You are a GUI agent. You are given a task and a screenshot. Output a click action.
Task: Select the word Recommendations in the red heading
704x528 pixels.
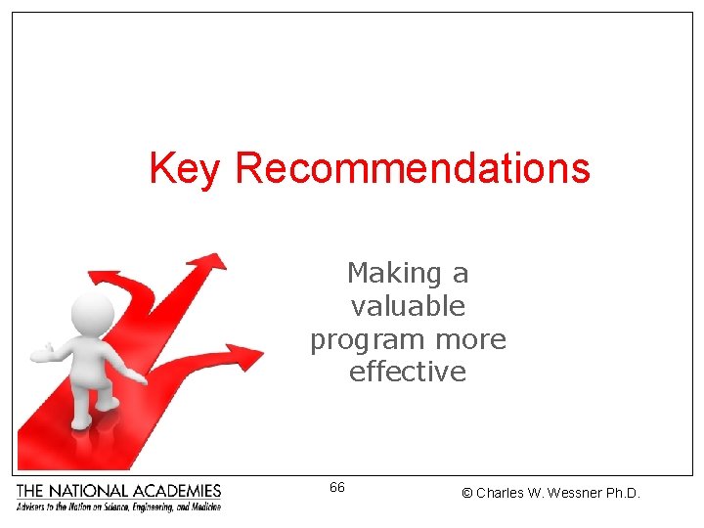pos(412,168)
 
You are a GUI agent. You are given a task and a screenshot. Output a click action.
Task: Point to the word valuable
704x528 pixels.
pos(408,306)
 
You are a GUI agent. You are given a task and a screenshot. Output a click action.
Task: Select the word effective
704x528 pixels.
pos(408,373)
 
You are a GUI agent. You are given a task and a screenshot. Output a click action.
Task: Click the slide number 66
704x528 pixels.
pos(336,487)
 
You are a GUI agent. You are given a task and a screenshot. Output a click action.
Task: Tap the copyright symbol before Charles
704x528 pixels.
pos(467,494)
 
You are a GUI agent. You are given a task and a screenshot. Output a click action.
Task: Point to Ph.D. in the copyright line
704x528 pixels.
pos(623,494)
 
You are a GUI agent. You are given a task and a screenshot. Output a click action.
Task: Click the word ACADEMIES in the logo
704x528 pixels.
pos(179,491)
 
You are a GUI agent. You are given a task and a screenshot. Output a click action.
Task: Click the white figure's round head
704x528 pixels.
pos(94,312)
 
